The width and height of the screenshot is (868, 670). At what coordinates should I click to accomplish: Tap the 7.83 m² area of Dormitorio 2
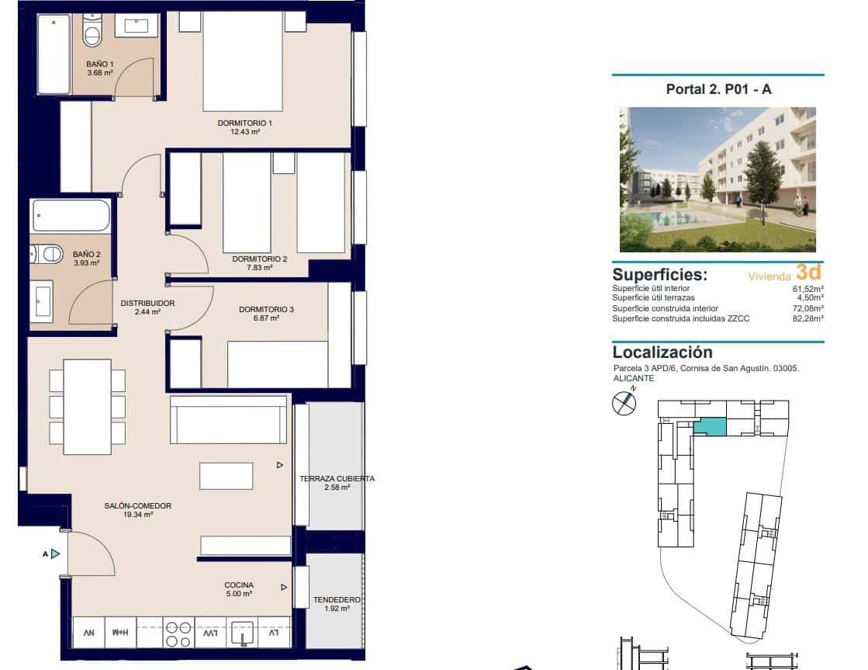(260, 268)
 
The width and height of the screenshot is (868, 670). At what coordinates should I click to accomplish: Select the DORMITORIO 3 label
(266, 310)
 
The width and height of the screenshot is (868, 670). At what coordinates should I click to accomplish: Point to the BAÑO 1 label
(99, 64)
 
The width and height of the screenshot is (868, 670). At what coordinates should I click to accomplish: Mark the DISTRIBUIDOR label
(147, 304)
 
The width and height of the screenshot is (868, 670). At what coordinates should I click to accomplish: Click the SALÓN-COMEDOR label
(137, 506)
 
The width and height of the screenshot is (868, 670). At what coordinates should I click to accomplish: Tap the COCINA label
(239, 585)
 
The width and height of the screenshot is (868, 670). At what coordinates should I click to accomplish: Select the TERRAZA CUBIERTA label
(337, 479)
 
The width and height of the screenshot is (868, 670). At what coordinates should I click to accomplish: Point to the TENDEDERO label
(336, 600)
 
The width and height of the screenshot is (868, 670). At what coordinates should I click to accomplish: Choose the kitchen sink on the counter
(244, 634)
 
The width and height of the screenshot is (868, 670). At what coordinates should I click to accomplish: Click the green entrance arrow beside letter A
(55, 554)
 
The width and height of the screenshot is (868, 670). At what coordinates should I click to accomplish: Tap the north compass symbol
(624, 402)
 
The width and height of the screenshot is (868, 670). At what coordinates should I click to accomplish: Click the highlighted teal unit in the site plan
(710, 426)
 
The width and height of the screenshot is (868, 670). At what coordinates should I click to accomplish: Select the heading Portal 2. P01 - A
(718, 89)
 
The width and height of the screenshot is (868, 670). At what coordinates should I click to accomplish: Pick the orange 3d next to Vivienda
(807, 273)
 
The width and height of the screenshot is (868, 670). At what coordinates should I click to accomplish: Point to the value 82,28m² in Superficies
(807, 319)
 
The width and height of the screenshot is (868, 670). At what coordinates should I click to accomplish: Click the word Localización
(662, 352)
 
